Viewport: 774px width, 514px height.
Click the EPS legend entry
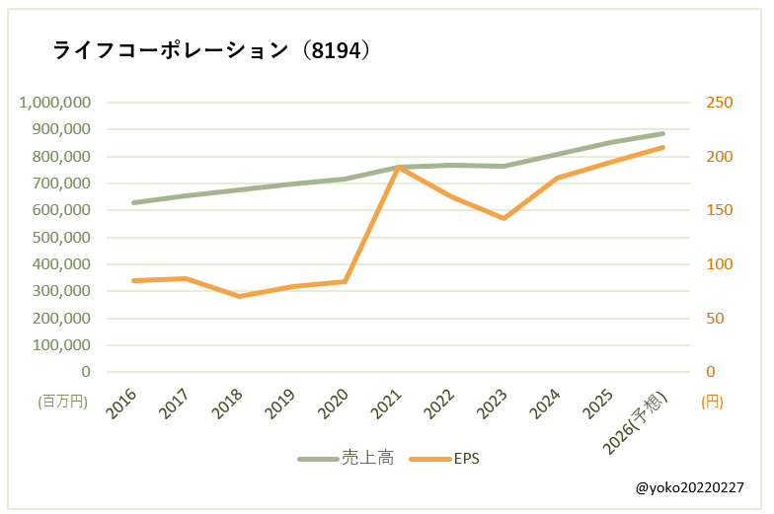(466, 459)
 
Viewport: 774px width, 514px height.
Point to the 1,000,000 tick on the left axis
(55, 103)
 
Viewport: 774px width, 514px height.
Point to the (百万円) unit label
(63, 402)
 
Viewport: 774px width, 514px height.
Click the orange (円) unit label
(711, 402)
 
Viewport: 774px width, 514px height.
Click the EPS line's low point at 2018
(240, 296)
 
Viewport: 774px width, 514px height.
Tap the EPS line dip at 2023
(504, 218)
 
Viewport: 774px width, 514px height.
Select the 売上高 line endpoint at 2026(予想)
(662, 133)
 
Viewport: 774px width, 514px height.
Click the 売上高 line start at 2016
(133, 203)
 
